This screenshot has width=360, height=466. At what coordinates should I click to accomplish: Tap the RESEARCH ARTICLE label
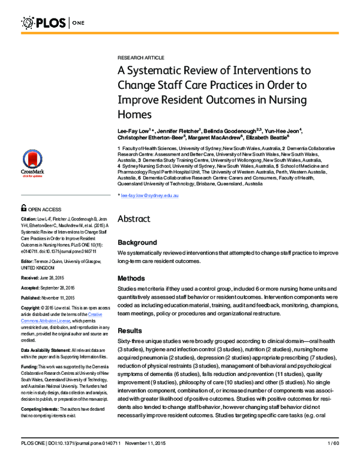(140, 57)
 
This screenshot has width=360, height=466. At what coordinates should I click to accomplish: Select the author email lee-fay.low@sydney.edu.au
(148, 196)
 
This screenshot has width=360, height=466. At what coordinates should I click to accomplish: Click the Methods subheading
(131, 278)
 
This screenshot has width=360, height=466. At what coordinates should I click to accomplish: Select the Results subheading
(130, 330)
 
